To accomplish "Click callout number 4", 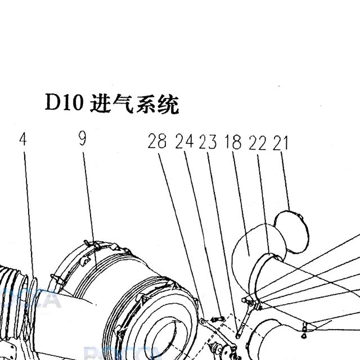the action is click(x=23, y=139).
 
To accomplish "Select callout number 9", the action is click(x=83, y=138).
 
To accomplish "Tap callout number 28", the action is click(x=157, y=141).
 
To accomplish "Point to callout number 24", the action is click(x=184, y=141).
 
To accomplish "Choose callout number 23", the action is click(x=208, y=142).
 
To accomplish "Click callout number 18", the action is click(x=233, y=142).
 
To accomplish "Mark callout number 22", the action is click(x=258, y=143).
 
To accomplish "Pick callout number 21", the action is click(x=280, y=143).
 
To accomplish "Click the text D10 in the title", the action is click(x=64, y=102).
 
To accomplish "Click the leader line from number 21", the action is click(x=285, y=181).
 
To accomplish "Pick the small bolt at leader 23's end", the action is click(x=217, y=319).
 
